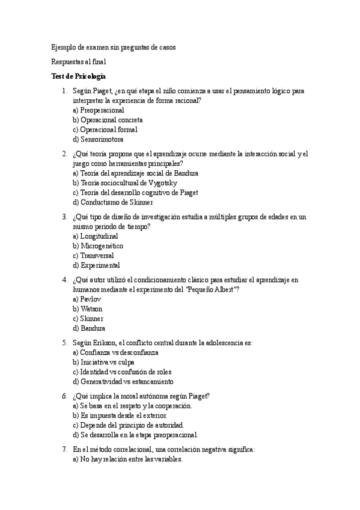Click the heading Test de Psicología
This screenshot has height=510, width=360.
pyautogui.click(x=79, y=76)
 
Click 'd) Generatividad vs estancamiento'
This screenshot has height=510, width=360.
pyautogui.click(x=123, y=381)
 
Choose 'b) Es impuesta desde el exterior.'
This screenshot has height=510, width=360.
pyautogui.click(x=120, y=416)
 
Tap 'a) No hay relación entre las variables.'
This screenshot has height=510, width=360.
pyautogui.click(x=127, y=459)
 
